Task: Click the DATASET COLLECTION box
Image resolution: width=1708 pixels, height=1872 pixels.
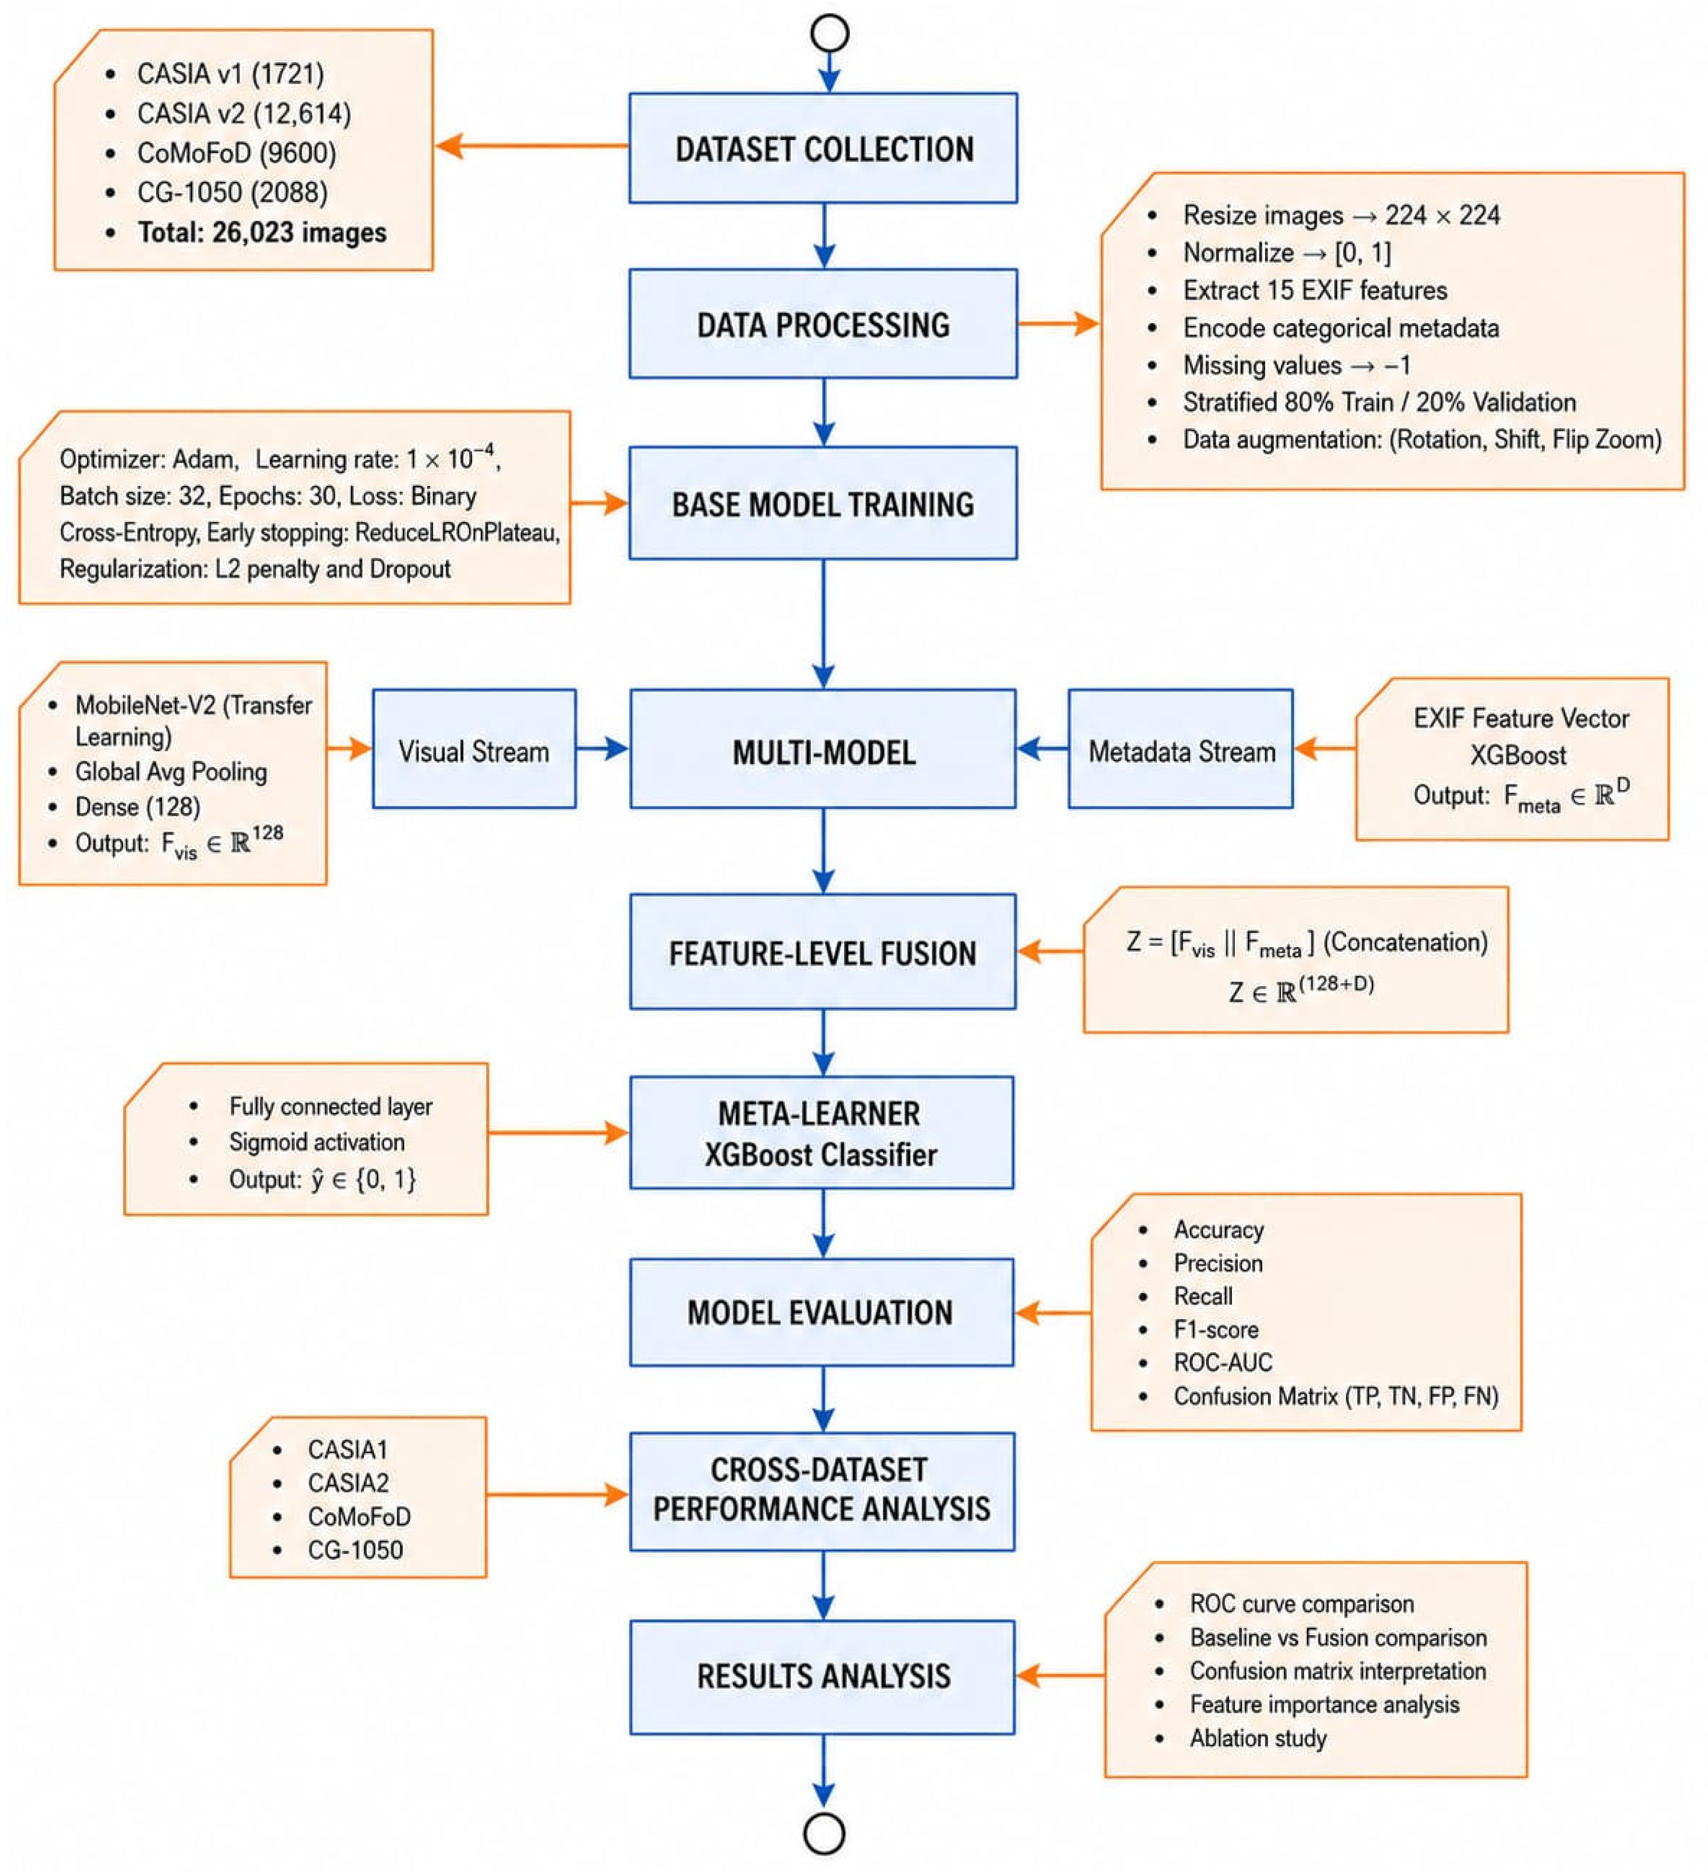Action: click(x=823, y=148)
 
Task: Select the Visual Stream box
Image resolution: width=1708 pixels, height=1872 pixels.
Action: click(x=474, y=749)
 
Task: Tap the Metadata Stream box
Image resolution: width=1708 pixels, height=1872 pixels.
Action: click(x=1180, y=749)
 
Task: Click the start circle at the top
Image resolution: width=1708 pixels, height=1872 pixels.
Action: click(x=829, y=33)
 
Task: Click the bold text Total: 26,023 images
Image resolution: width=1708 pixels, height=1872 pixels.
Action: click(x=262, y=232)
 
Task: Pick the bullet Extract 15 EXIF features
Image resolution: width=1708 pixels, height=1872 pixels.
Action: click(x=1314, y=291)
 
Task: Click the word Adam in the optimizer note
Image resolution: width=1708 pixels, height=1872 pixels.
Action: click(x=203, y=460)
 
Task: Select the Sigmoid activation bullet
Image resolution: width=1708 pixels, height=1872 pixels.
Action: click(x=316, y=1142)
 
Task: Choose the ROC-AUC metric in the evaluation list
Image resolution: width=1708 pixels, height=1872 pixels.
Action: click(x=1222, y=1362)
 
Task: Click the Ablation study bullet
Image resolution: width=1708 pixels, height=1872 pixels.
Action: click(x=1258, y=1738)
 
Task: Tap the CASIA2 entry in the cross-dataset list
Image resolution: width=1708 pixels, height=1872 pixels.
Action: click(x=348, y=1483)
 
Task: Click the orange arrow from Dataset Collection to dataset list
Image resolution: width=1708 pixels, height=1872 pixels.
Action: click(x=532, y=146)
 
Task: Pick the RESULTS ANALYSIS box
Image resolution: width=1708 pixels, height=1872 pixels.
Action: click(x=823, y=1676)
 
